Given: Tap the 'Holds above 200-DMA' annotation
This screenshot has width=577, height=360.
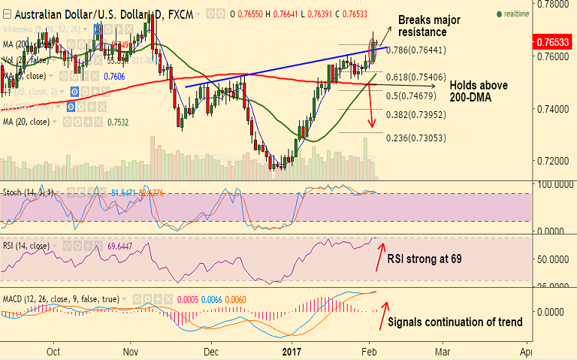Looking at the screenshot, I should [x=479, y=92].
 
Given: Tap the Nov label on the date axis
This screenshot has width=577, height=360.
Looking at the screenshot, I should [x=131, y=350].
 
